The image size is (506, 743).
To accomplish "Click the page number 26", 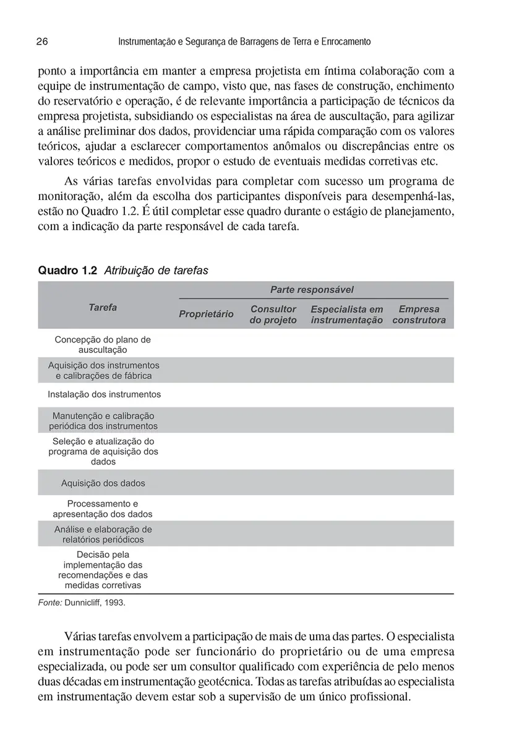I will point(43,42).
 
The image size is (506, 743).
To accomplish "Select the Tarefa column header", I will point(103,307).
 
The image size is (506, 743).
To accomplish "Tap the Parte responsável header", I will point(312,290).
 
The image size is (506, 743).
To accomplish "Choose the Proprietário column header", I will point(206,314).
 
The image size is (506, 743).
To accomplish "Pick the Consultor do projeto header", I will point(273,315).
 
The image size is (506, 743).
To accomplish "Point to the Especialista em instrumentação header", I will point(346,315).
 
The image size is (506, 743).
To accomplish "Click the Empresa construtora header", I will point(419,315).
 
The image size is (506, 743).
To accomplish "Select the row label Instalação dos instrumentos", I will point(104,394).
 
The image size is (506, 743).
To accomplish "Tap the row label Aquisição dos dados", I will point(103,482).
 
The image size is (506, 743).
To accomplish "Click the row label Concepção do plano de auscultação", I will point(103,345).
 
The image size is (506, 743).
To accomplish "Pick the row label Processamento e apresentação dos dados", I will point(103,509).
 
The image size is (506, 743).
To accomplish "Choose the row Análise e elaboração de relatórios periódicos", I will point(103,534).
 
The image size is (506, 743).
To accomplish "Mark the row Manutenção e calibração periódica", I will point(103,420).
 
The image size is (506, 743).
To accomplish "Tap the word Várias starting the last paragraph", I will point(81,637).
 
